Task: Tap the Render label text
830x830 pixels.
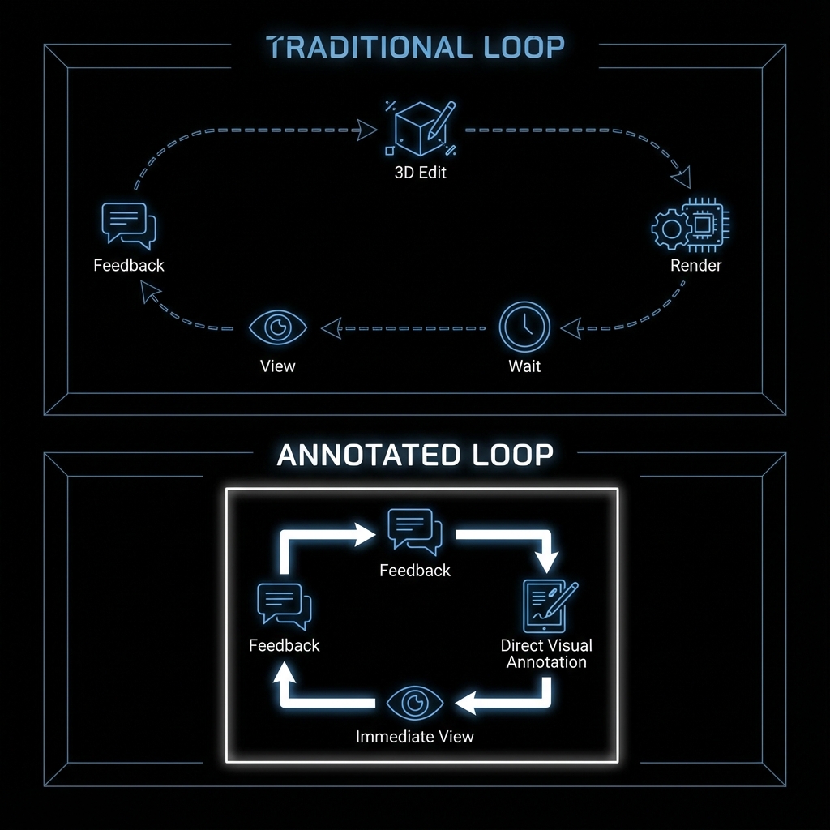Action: point(695,265)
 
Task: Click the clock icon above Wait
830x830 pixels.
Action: point(524,327)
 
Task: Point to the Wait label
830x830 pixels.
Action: point(524,366)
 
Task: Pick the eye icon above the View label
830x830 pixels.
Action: point(278,327)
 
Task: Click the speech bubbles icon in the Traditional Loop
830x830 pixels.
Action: point(128,225)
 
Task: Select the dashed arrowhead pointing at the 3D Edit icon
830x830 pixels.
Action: point(368,129)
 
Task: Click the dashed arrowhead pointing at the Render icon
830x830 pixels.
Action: point(682,177)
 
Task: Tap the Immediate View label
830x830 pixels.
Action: point(414,737)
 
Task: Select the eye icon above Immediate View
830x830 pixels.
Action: point(414,702)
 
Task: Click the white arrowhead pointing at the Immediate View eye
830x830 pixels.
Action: point(464,704)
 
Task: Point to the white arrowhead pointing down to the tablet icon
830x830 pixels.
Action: point(549,561)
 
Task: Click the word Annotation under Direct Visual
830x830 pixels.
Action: point(546,662)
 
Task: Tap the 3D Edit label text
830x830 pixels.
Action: point(420,173)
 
